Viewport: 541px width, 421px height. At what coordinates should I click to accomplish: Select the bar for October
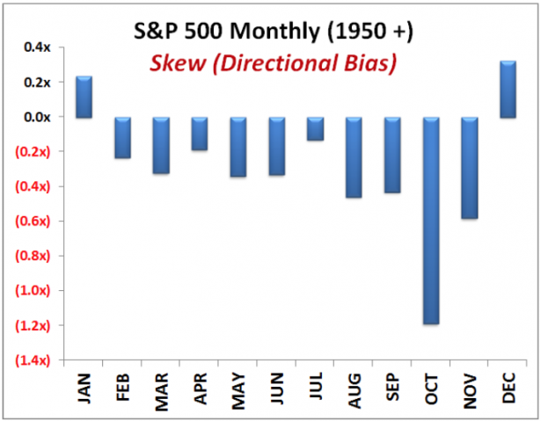[431, 220]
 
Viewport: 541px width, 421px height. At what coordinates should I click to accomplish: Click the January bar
[84, 97]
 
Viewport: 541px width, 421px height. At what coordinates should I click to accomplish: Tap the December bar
[508, 89]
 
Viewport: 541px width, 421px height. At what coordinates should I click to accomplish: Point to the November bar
[470, 167]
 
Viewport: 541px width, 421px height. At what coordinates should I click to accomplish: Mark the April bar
[200, 134]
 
